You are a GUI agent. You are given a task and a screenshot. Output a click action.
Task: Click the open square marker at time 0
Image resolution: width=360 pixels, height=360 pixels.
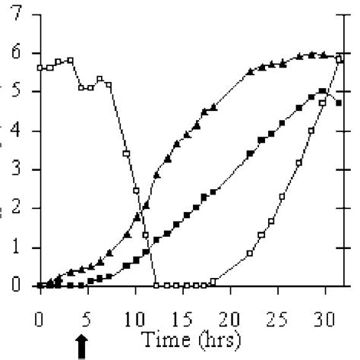[40, 68]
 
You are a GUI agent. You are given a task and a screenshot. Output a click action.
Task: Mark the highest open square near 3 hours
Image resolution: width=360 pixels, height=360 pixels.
[70, 60]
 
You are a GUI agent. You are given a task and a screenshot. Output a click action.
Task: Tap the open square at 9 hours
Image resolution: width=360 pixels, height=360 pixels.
[126, 154]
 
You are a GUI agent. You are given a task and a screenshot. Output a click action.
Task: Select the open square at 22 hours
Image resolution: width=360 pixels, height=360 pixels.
[250, 253]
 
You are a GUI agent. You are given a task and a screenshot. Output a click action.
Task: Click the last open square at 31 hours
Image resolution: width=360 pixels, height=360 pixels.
[338, 59]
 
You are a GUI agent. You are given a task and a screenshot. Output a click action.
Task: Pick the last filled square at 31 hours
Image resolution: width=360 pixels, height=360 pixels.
[338, 103]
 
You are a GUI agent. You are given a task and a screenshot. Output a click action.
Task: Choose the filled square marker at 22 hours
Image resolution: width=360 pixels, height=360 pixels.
[250, 154]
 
